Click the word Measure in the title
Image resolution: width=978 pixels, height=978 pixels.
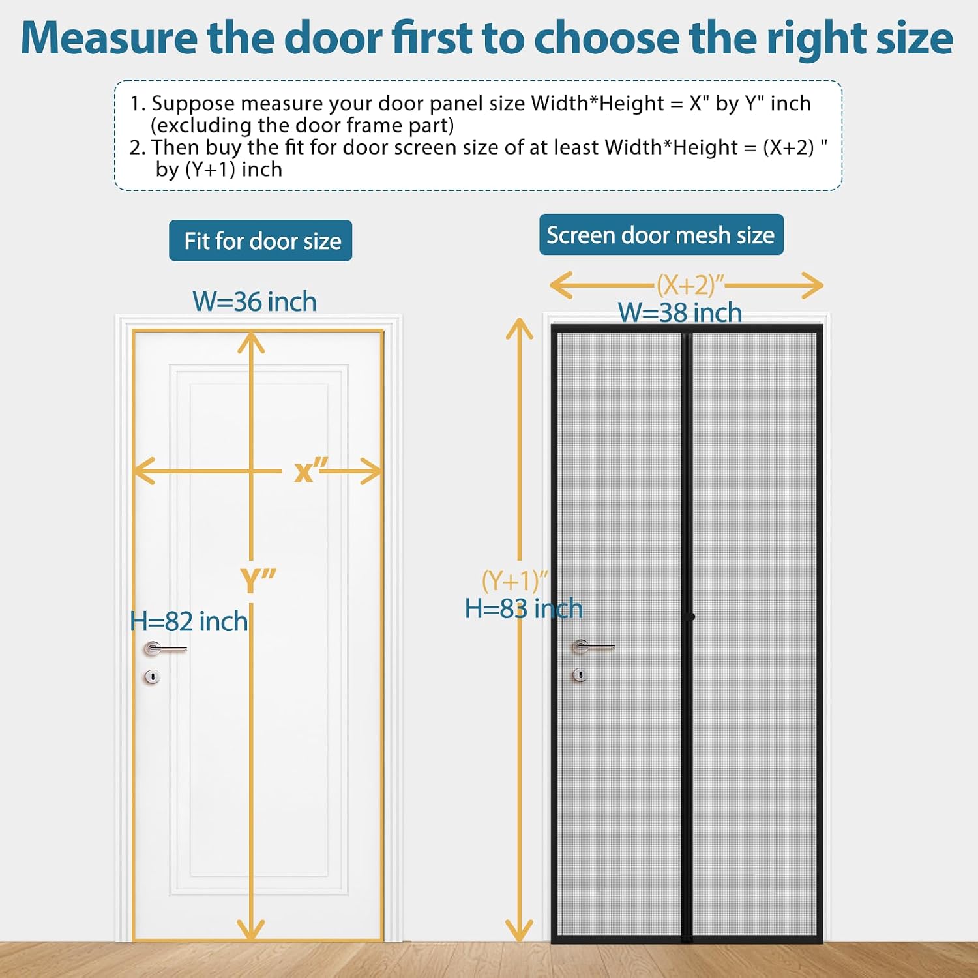coord(109,38)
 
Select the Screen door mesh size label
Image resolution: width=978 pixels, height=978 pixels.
coord(661,235)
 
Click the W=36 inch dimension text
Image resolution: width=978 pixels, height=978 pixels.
coord(255,302)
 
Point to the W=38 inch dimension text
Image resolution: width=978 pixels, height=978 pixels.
coord(680,313)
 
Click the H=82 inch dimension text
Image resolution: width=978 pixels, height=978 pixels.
coord(189,621)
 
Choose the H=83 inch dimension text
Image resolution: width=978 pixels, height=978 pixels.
coord(524,608)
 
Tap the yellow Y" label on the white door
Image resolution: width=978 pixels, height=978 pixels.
coord(258,580)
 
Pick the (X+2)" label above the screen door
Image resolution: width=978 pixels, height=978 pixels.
coord(690,285)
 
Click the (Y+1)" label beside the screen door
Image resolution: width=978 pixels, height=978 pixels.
coord(514,580)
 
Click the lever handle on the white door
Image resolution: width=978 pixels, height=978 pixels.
coord(166,649)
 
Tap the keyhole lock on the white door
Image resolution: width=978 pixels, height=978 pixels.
coord(152,677)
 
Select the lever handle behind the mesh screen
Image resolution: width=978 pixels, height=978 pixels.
coord(593,647)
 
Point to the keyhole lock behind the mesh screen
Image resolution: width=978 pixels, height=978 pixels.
coord(580,675)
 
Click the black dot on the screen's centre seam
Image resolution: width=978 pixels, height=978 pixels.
coord(691,616)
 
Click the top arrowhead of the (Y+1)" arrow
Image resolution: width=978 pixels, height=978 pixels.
coord(520,328)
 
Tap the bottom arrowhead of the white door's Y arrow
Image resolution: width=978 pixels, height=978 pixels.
coord(251,928)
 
